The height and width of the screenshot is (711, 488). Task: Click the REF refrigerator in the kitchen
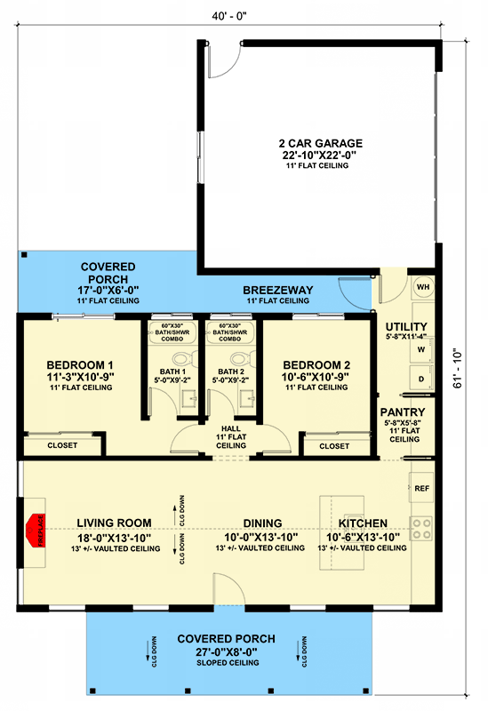[422, 488]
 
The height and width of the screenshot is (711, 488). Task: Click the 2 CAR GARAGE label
[319, 143]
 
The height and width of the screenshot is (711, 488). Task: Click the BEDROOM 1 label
[80, 364]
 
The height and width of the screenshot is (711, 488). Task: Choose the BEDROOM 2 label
[316, 364]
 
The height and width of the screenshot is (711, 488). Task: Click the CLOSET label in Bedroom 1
[62, 445]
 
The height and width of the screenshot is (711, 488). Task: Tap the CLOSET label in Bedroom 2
[334, 445]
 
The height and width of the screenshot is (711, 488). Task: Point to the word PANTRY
[403, 411]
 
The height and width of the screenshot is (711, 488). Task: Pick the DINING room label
[263, 523]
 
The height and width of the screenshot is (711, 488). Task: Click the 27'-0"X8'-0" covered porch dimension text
[226, 651]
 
